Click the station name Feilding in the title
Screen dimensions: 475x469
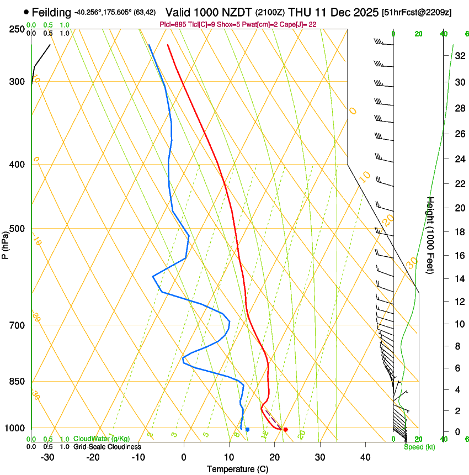click(52, 12)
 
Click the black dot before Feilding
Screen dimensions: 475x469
click(26, 12)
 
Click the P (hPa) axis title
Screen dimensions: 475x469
click(6, 243)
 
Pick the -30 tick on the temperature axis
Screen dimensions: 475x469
click(47, 457)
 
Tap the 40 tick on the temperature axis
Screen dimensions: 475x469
click(365, 457)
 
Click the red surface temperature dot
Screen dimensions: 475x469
click(285, 429)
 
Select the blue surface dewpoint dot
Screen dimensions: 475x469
click(247, 429)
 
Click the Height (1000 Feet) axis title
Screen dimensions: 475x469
click(431, 235)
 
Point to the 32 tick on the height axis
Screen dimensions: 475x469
click(459, 55)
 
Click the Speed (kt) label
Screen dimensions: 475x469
click(419, 447)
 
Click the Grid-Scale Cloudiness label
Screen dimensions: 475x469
click(106, 447)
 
